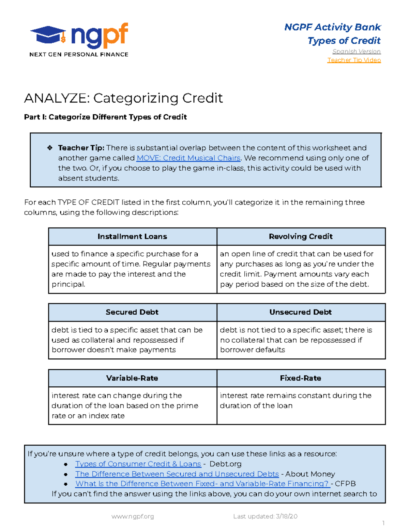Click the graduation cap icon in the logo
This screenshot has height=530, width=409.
click(48, 35)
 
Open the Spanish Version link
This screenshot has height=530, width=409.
click(356, 52)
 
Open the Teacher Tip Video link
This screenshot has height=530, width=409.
click(354, 60)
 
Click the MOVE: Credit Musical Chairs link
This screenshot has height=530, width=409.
click(188, 158)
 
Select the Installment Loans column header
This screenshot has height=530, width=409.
click(132, 237)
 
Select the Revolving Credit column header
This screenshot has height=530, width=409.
click(301, 237)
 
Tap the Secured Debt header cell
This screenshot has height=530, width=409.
click(132, 312)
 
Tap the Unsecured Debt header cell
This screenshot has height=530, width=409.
click(301, 312)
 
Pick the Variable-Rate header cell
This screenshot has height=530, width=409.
click(132, 378)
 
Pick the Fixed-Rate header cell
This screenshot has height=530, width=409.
click(301, 378)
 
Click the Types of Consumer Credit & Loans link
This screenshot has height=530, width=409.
click(138, 464)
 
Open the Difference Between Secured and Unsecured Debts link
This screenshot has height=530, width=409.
click(177, 474)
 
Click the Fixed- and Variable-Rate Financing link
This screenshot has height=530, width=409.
click(202, 484)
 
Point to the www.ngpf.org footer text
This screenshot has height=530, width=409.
click(133, 516)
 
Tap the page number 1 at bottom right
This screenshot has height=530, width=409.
click(383, 523)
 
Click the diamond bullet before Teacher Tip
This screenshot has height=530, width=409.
click(50, 148)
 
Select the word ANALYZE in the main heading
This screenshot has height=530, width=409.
click(57, 98)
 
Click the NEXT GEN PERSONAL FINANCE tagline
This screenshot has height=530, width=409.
click(79, 55)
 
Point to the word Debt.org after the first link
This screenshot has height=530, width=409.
click(225, 464)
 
